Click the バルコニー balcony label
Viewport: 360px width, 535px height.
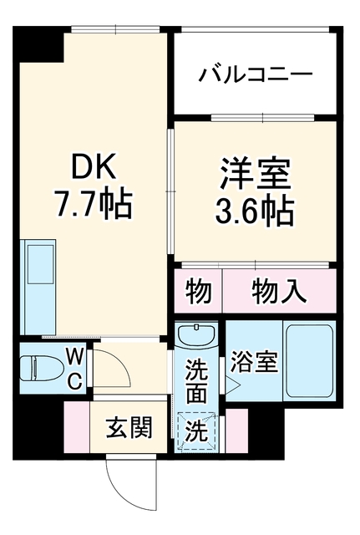(256, 74)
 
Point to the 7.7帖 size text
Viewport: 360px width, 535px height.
(94, 205)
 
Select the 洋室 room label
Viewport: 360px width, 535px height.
(256, 174)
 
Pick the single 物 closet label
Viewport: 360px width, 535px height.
(199, 291)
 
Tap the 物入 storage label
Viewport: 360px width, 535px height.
(279, 291)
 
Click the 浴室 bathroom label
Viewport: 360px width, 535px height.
(254, 362)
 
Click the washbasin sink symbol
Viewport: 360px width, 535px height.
(196, 334)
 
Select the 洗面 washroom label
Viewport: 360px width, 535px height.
(196, 382)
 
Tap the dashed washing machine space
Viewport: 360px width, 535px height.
(196, 431)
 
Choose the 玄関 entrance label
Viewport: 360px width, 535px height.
(129, 427)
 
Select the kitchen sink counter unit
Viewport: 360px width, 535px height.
(38, 287)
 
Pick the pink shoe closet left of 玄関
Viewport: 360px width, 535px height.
(77, 426)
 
